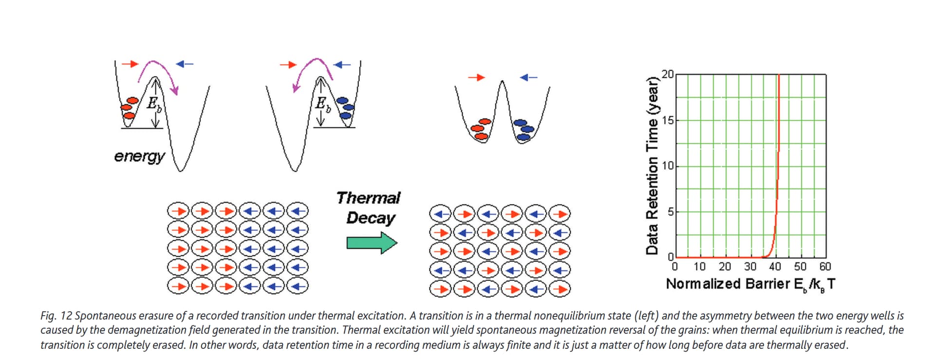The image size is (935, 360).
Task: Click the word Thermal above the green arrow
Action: coord(368,198)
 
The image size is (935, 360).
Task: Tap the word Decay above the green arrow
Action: coord(370,218)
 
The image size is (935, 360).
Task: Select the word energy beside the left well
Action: coord(139,156)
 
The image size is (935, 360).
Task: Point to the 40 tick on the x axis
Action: coord(775,267)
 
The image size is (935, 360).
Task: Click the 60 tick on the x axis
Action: coord(825,267)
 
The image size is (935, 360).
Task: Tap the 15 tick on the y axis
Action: coord(668,120)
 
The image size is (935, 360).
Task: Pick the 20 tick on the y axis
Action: coord(668,75)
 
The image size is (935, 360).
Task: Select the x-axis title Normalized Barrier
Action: coord(728,284)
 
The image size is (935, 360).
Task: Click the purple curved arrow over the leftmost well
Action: coord(158,73)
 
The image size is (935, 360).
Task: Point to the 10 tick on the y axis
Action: coord(668,166)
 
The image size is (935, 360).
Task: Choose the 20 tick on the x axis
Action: coord(725,267)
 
